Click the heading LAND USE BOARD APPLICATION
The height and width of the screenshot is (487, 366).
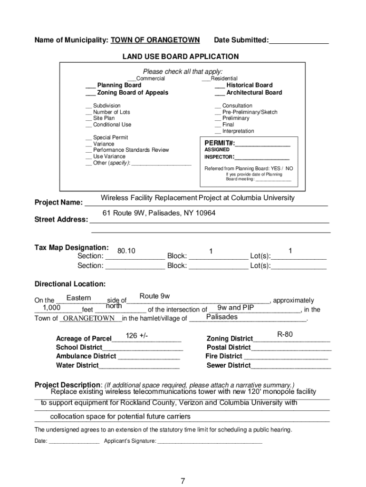[181, 57]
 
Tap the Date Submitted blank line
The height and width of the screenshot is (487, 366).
[299, 41]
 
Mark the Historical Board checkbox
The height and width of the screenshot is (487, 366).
[220, 86]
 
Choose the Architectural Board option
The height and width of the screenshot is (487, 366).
[220, 93]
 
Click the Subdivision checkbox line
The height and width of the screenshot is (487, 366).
[89, 106]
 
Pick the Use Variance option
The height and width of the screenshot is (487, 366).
[89, 156]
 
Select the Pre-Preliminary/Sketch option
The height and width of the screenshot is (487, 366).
[218, 112]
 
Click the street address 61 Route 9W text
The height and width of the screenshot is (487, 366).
[159, 213]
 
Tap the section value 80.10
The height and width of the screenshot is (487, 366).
[126, 251]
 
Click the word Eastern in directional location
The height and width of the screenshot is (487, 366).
[79, 298]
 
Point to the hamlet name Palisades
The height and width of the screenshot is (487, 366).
[222, 317]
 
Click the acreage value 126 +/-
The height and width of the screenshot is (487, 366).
[137, 336]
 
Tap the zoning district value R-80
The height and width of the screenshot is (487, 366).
[285, 334]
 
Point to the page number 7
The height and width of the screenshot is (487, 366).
[183, 481]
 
